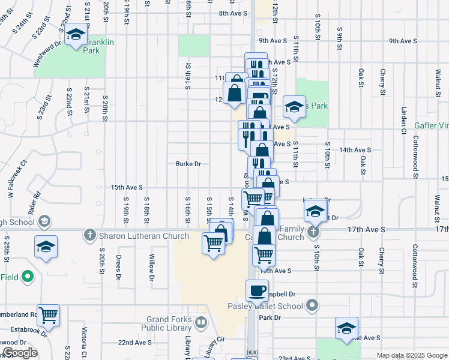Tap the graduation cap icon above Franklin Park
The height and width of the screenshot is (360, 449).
tap(76, 36)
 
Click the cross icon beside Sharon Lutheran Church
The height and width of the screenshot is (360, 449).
tap(90, 235)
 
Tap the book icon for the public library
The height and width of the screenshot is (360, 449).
tap(200, 323)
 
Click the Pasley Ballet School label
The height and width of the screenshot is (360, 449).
tap(265, 306)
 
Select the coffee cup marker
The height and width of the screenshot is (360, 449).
tap(258, 290)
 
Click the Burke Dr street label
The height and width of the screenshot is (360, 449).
tap(188, 164)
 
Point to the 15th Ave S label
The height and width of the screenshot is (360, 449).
tap(127, 187)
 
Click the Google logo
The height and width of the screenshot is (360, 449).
tap(19, 353)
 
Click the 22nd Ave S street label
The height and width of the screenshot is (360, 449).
tap(134, 343)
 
